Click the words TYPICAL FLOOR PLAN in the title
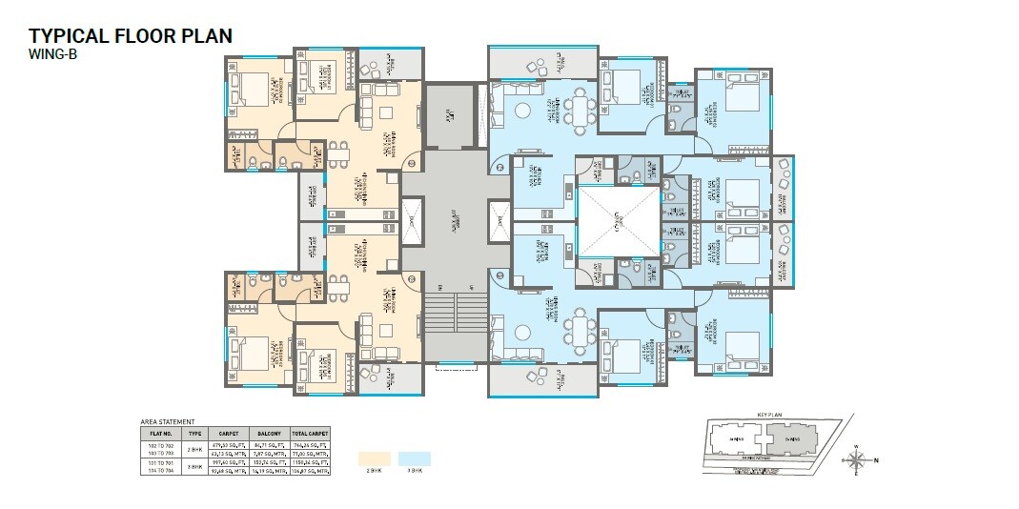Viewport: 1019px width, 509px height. point(130,36)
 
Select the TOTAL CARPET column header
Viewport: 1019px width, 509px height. point(310,432)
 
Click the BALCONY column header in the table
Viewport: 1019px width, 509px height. point(268,432)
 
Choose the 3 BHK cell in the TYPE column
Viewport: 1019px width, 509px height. point(194,465)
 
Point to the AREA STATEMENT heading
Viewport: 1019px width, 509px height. point(167,420)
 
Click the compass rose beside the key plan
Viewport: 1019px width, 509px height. point(858,460)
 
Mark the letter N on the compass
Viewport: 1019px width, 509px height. point(877,461)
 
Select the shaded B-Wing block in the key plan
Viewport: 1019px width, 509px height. point(788,439)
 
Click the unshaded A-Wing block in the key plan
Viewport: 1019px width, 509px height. point(734,439)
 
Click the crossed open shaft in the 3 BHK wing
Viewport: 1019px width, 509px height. point(619,222)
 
